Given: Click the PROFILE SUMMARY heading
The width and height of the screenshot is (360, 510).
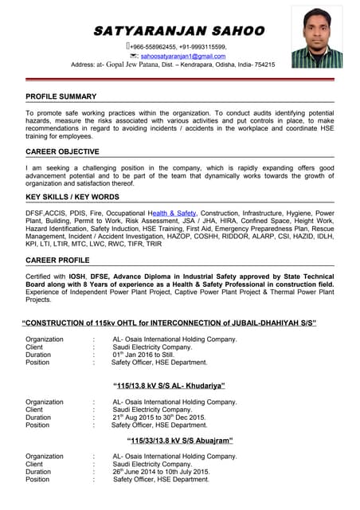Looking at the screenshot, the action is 61,96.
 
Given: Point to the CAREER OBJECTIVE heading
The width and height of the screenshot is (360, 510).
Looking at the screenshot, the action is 63,151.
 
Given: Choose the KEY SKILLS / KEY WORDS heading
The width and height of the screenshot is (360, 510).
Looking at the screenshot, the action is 72,197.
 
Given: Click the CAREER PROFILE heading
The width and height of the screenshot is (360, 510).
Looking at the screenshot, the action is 57,261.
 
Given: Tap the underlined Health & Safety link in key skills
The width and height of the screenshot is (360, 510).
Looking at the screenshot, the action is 172,214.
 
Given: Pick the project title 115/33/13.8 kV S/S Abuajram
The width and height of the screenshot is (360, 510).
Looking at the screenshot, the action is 180,440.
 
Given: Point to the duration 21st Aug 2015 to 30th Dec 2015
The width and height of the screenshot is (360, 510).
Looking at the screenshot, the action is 159,418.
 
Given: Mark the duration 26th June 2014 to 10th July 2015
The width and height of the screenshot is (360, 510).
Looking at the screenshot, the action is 162,471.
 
